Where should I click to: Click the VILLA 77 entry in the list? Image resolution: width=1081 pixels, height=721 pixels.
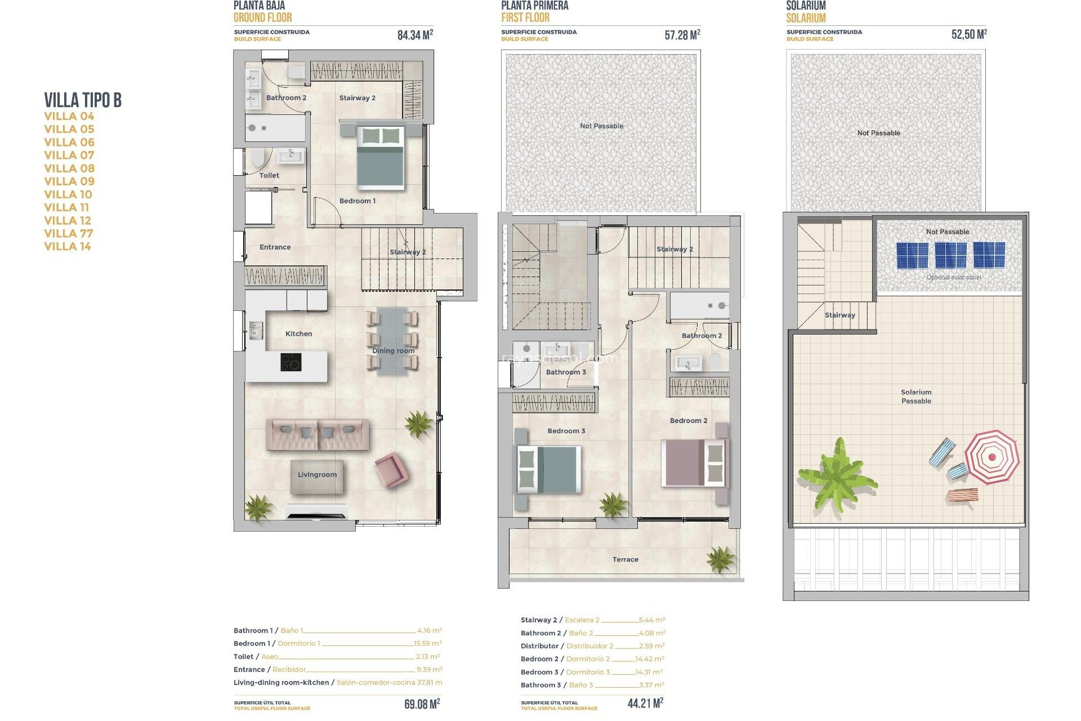click(x=69, y=233)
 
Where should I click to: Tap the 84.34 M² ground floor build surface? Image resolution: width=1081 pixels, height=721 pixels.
click(x=415, y=35)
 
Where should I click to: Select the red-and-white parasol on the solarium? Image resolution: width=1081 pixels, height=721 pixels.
click(x=991, y=457)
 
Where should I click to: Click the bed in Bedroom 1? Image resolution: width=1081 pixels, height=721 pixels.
click(x=381, y=157)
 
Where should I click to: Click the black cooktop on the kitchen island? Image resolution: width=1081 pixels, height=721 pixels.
click(x=291, y=362)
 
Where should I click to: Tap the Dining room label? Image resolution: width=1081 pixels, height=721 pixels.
click(x=393, y=351)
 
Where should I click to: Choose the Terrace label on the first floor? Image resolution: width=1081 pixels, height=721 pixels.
click(x=625, y=559)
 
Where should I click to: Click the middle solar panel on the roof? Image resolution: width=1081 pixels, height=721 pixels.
click(x=950, y=255)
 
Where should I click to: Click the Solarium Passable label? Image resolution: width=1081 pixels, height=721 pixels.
click(x=916, y=397)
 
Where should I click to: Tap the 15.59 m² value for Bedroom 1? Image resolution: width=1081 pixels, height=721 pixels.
click(x=427, y=643)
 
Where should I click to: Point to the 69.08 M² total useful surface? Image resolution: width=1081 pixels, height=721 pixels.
click(x=422, y=704)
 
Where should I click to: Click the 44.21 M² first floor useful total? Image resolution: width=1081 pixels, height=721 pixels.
click(x=645, y=703)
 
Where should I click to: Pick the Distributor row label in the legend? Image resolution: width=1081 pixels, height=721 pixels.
click(x=539, y=646)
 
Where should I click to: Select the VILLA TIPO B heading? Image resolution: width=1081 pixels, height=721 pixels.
click(x=83, y=100)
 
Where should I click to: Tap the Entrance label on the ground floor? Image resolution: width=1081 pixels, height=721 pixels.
click(x=275, y=247)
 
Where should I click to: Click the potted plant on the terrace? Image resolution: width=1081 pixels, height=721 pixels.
click(x=720, y=559)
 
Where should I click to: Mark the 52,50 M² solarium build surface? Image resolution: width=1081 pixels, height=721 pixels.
click(x=969, y=34)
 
